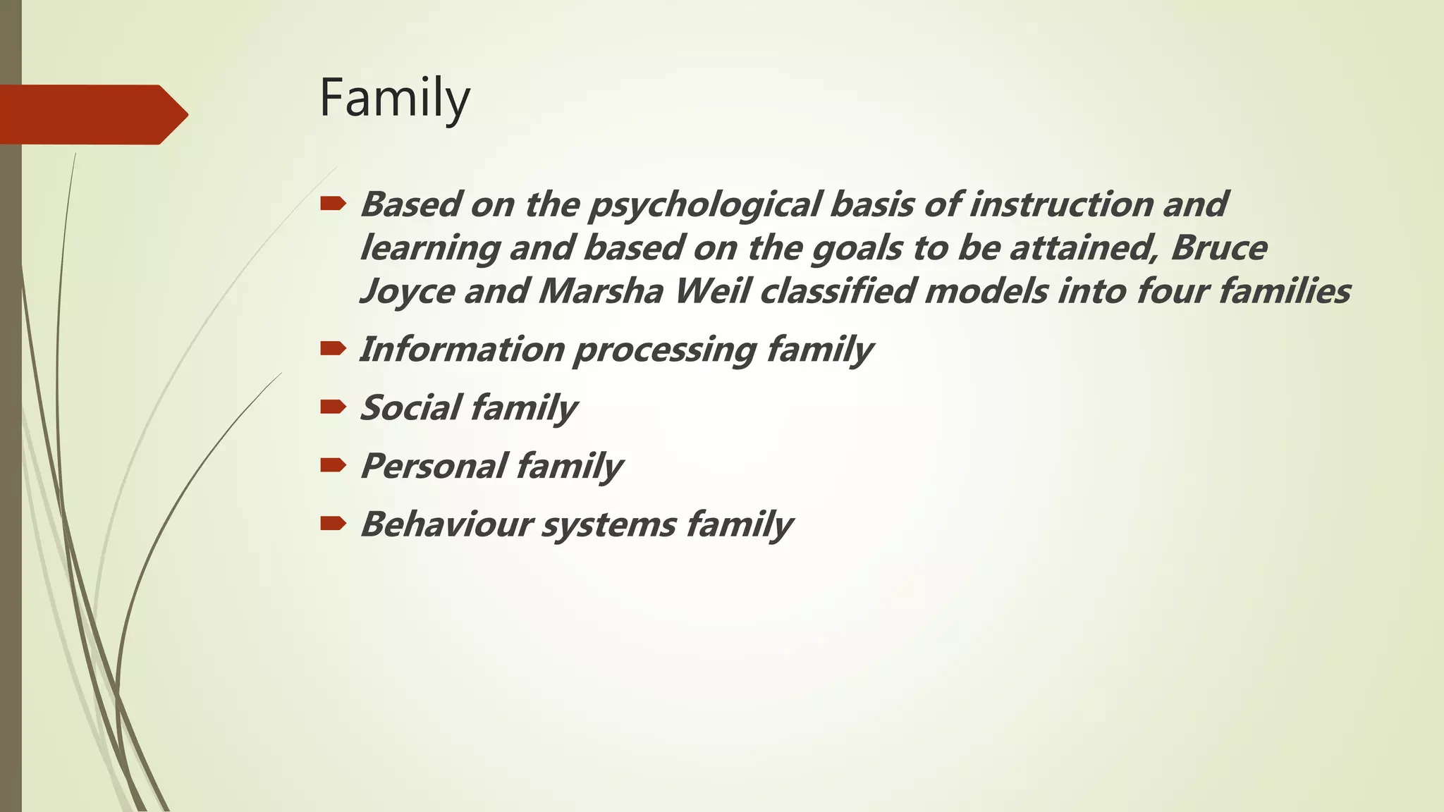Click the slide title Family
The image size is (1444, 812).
[394, 99]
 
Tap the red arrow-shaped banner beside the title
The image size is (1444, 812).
[92, 114]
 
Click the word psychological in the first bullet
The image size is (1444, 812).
[704, 205]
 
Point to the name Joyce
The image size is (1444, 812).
[407, 292]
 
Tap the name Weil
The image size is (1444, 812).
[712, 292]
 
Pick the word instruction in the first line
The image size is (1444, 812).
[1060, 204]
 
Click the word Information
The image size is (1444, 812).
[462, 350]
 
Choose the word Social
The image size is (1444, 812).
[410, 408]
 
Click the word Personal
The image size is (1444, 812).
[433, 467]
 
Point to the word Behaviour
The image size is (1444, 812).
[446, 524]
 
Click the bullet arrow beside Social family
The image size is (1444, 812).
[333, 407]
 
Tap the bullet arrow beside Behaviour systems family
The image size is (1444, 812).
[333, 523]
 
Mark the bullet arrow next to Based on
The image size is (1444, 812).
[333, 204]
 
